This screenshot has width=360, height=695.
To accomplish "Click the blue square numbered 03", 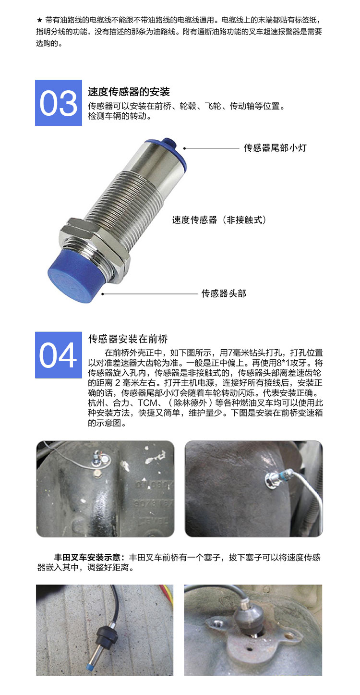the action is click(x=58, y=103).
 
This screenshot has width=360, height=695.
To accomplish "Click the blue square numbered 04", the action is click(x=58, y=355).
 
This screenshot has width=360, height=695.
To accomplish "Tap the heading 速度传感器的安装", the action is click(x=129, y=92).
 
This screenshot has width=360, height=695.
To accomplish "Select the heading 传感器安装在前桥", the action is click(x=128, y=339).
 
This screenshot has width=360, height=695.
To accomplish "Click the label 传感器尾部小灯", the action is click(x=276, y=147).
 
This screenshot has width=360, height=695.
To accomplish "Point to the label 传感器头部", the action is click(x=224, y=293).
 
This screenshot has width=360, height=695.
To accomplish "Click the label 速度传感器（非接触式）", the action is click(x=219, y=220).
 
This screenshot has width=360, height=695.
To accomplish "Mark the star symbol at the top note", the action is click(x=39, y=21).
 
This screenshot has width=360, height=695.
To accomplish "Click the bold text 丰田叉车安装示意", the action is click(x=87, y=558).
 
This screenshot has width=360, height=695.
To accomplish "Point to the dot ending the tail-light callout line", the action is click(x=184, y=148).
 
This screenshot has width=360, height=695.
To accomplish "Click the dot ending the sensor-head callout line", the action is click(x=103, y=293).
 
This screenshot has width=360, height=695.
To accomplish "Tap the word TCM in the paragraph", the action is click(x=147, y=402).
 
